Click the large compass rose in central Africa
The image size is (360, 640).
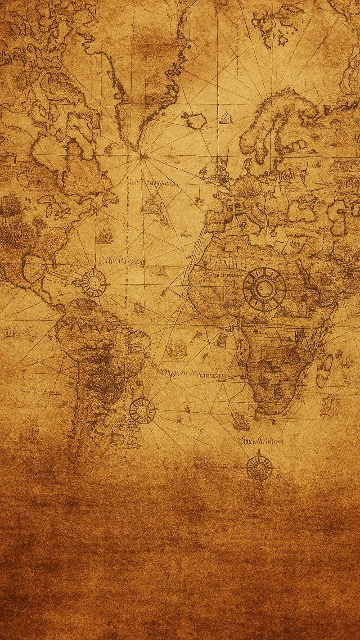265,289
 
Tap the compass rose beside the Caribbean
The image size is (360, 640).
94,283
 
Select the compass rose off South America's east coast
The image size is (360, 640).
142,410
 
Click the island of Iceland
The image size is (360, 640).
195,120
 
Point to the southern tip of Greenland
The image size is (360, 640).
135,146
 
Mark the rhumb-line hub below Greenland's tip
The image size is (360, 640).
143,156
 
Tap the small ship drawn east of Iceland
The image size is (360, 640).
226,119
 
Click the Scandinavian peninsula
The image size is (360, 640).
274,122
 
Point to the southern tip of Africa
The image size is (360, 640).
269,410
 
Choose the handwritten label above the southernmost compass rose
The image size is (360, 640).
261,441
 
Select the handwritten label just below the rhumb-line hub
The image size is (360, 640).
153,183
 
